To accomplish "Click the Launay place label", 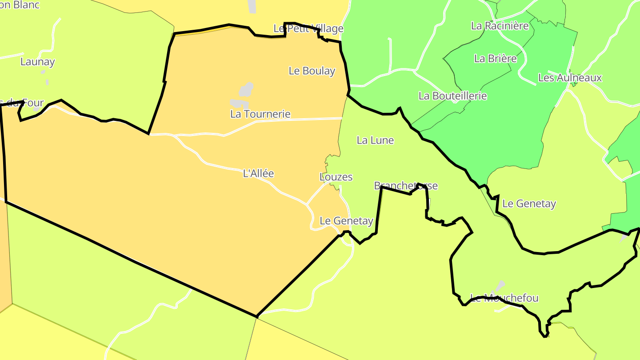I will pos(38,62).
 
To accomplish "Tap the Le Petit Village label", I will pos(308,28).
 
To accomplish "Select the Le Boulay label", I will pos(312,71).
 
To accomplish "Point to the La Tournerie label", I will pos(260,114).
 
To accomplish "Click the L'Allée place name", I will pos(259,173).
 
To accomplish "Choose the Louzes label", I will pos(336,177).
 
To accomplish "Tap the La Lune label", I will pos(376,140).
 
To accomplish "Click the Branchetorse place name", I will pos(406,185).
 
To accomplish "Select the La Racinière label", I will pos(500,25).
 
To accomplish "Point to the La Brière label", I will pos(496,58).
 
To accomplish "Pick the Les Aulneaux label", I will pos(570,78).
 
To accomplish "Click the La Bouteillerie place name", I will pos(453,96).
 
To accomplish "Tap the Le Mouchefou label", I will pos(504,298).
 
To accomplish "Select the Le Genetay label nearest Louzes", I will pos(347,220).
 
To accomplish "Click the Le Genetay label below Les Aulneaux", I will pos(529,204).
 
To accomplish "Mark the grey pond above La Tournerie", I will pos(246,90).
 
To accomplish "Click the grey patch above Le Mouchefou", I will pos(500,285).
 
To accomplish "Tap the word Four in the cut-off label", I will pos(33,103).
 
